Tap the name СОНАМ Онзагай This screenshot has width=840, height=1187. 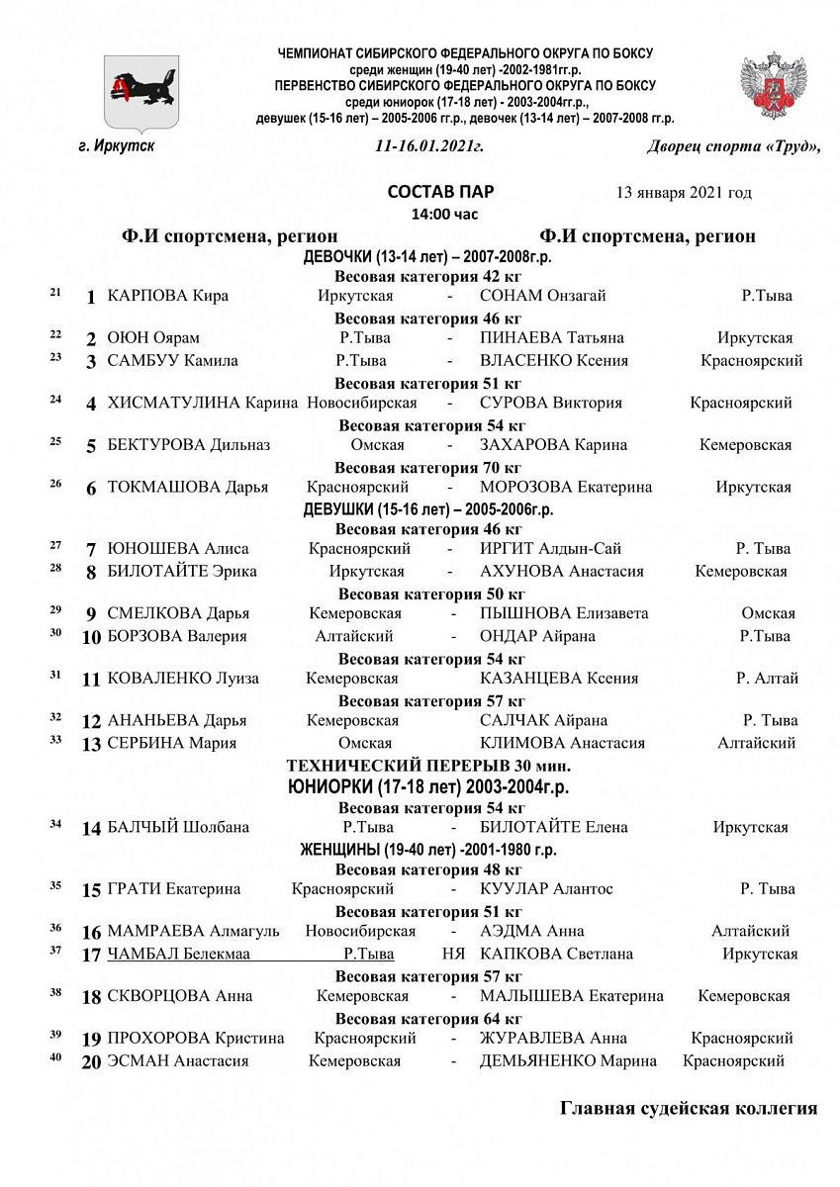coord(542,296)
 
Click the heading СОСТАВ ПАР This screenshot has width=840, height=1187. coord(440,192)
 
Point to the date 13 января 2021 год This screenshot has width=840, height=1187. coord(683,192)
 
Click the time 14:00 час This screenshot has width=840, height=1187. coord(442,213)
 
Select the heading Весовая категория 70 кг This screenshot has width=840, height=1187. coord(427,467)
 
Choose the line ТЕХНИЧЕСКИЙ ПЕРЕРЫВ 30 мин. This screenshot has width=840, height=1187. coord(428,766)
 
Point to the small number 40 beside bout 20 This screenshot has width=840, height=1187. coord(54,1057)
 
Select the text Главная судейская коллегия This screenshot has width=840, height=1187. coord(688,1108)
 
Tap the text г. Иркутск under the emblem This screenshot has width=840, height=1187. coord(116,146)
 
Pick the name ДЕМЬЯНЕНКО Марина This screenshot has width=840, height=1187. coord(568,1061)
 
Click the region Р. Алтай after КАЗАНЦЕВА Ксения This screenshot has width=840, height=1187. coord(767,679)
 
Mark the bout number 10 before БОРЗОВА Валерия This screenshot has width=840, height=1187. coord(91,637)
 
